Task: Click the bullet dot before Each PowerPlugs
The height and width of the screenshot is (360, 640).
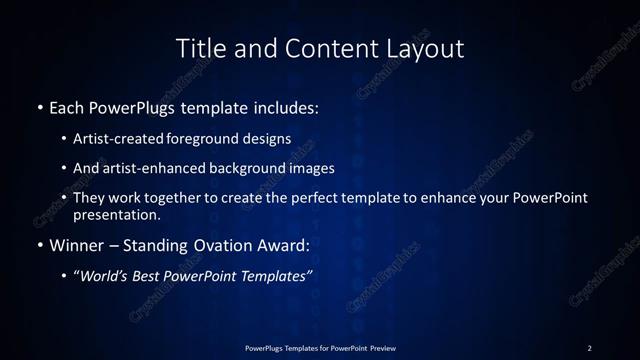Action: (39, 106)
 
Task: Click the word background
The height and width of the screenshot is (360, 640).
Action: (262, 168)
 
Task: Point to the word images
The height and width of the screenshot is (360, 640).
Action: (316, 168)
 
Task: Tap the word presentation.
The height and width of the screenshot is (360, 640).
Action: (117, 214)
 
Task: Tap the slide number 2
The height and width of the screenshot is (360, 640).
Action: (589, 347)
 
